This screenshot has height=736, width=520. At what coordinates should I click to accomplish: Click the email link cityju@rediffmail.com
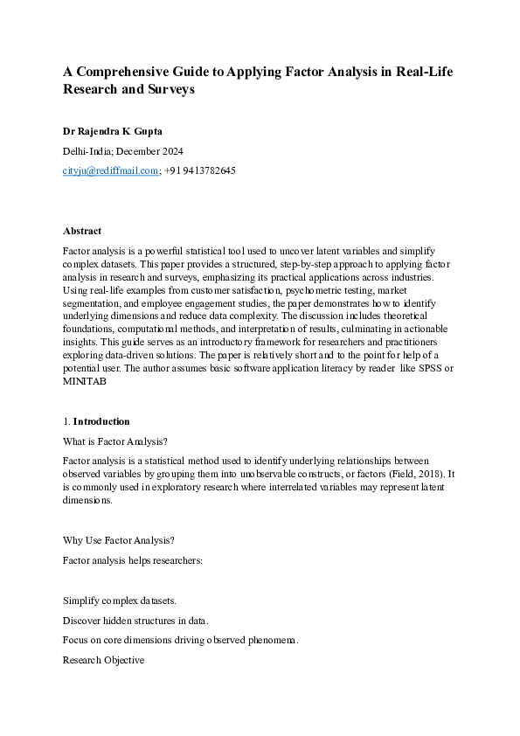point(110,170)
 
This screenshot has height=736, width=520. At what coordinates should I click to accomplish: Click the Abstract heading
point(82,231)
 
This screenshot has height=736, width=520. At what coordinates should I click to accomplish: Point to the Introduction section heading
point(101,421)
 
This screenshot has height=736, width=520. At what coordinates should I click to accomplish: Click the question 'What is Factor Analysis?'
point(114,441)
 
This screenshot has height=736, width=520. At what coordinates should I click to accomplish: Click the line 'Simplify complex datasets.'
point(120,601)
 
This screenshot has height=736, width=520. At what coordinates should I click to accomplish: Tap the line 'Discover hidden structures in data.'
point(135,621)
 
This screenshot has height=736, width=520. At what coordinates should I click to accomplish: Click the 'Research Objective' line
point(103,660)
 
